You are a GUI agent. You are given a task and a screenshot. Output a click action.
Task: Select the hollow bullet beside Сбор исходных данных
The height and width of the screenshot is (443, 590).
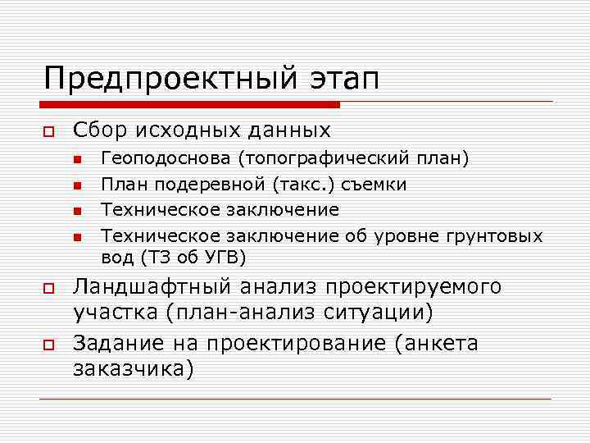(48, 132)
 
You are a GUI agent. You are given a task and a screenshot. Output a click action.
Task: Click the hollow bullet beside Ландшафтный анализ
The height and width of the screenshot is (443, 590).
(48, 288)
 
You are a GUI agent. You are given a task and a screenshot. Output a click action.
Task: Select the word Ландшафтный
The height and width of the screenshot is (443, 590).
(156, 286)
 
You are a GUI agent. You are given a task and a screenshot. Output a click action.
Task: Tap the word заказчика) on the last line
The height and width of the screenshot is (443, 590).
(134, 369)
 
